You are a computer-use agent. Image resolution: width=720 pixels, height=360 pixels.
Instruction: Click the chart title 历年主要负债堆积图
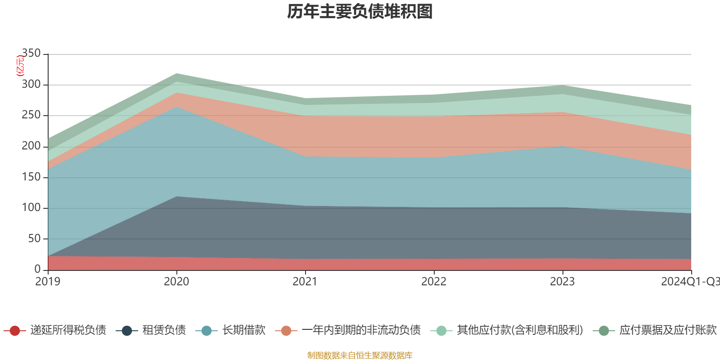[360, 12]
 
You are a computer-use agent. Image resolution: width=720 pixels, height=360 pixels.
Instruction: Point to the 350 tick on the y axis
[31, 54]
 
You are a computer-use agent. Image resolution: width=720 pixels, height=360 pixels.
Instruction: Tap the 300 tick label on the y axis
[31, 85]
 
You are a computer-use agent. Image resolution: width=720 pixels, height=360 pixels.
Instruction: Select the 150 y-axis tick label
[31, 177]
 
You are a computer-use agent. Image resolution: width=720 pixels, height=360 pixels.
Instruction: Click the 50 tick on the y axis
[34, 238]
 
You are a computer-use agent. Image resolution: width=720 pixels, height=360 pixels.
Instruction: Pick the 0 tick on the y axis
[37, 269]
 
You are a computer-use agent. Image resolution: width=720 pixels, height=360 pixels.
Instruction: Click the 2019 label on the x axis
[48, 282]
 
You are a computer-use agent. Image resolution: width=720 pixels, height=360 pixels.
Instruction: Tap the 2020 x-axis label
[176, 282]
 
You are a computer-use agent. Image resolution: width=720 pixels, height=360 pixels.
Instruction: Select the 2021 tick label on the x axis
[305, 282]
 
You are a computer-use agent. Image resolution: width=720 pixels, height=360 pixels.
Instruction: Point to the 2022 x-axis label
[434, 282]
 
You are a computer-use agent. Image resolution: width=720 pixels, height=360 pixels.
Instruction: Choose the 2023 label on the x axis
[562, 282]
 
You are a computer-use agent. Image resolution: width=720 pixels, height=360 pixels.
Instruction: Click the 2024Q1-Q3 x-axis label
[690, 282]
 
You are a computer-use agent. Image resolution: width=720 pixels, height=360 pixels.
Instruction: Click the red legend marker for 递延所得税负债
[14, 331]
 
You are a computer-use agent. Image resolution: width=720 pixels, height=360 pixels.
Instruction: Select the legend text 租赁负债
[164, 330]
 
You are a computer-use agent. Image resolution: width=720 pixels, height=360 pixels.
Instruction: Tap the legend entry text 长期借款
[243, 330]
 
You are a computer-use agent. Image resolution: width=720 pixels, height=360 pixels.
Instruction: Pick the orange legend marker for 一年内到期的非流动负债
[286, 331]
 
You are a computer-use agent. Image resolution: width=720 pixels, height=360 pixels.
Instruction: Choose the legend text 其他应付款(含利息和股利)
[520, 330]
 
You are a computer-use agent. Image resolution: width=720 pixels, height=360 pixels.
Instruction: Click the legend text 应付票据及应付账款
[668, 330]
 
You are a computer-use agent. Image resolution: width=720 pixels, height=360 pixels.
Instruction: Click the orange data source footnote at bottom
[360, 355]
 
